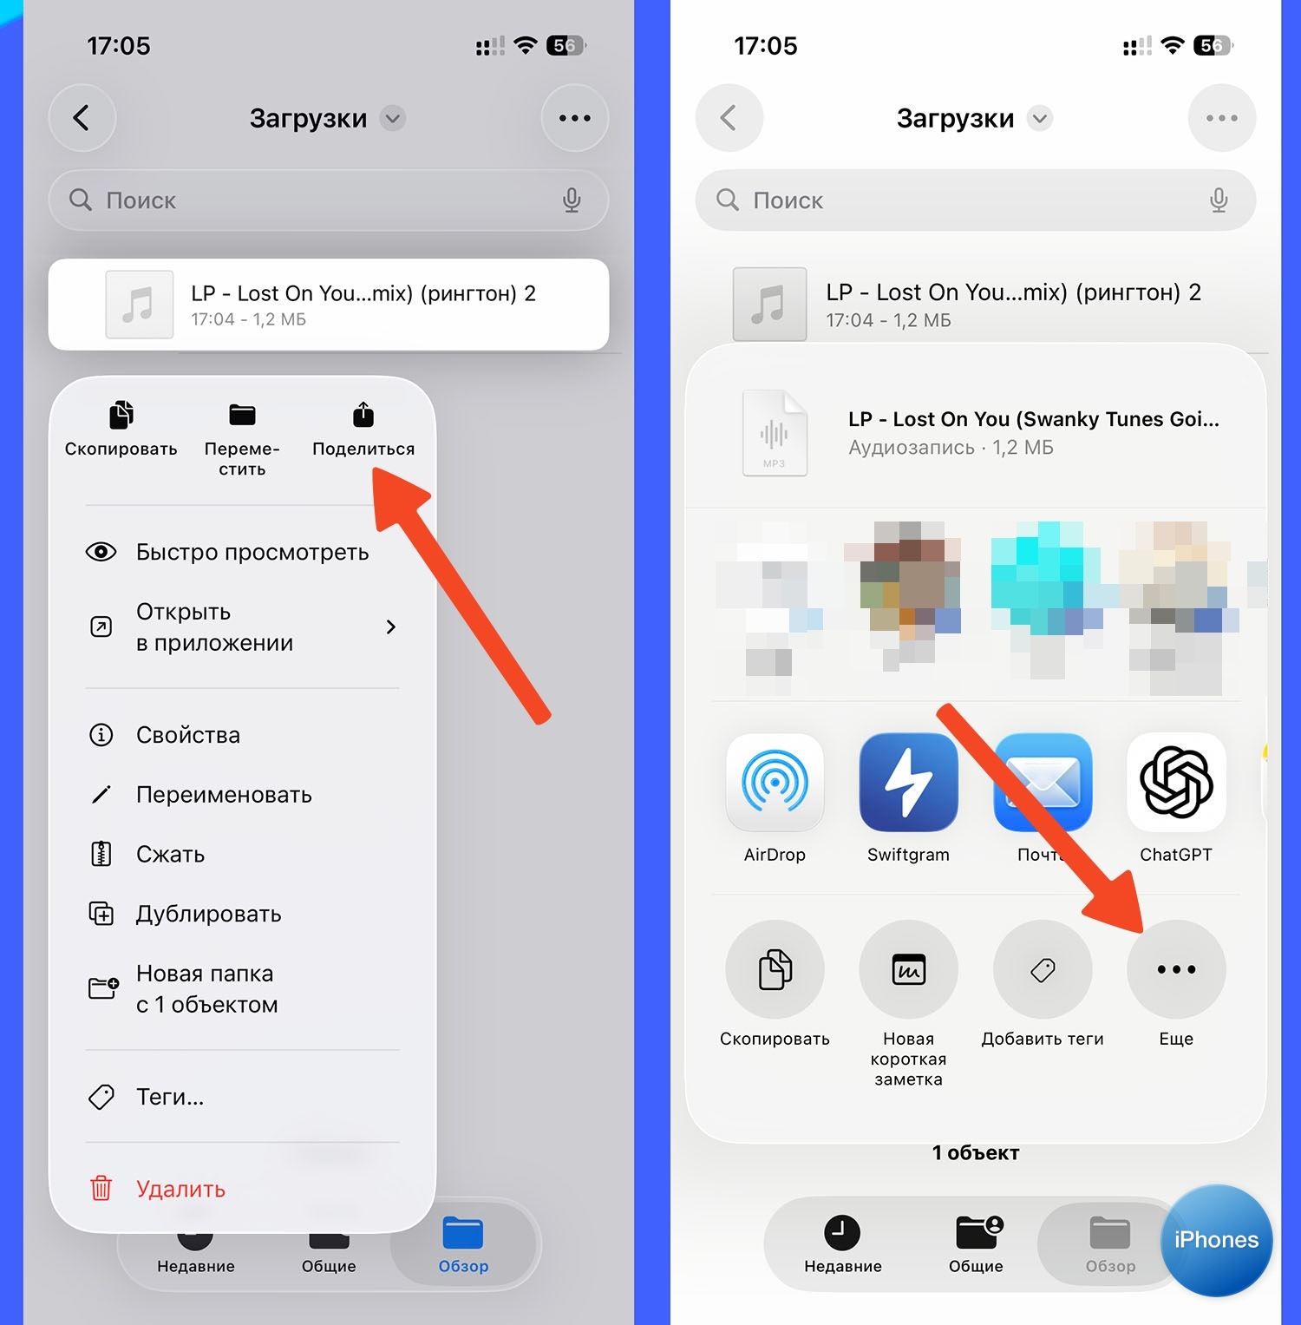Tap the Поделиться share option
[363, 430]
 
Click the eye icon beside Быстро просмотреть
[101, 552]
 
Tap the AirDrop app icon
[775, 783]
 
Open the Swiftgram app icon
[908, 783]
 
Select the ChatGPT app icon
[1176, 783]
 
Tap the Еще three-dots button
[1176, 969]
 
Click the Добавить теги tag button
[1043, 969]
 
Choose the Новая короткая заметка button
[908, 969]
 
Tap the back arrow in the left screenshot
[82, 118]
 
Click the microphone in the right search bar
[1219, 200]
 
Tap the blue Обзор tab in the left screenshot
[463, 1244]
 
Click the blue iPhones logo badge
[1216, 1240]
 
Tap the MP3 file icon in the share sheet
[775, 433]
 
